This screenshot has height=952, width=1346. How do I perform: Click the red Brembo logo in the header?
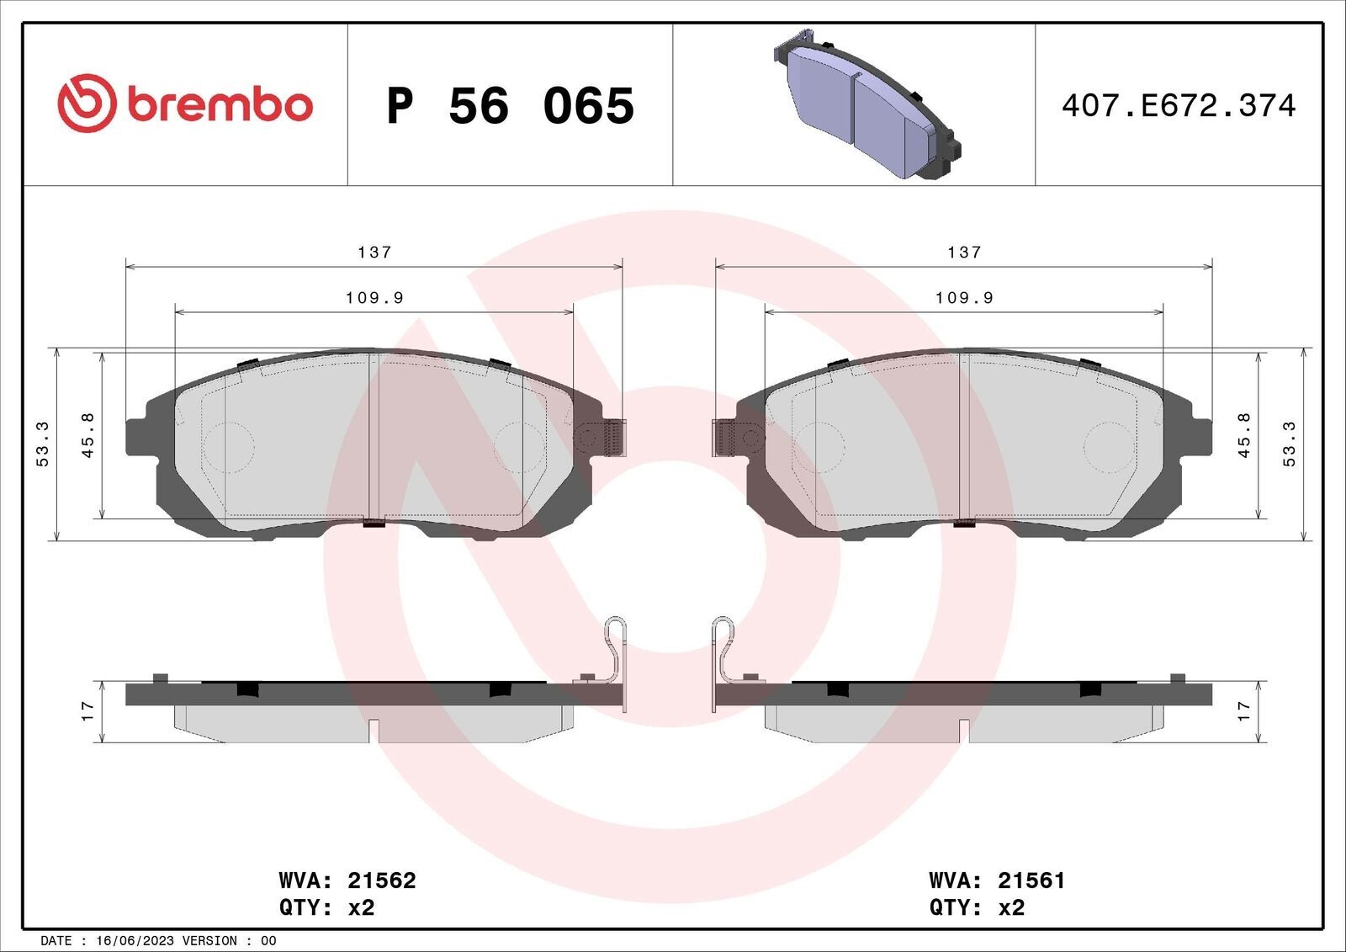click(x=185, y=104)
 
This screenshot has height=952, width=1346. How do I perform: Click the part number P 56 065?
click(x=510, y=106)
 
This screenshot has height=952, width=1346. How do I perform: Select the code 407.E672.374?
click(x=1179, y=106)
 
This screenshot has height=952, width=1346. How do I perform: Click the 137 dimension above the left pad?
click(x=374, y=252)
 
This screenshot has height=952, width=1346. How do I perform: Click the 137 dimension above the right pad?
click(x=964, y=252)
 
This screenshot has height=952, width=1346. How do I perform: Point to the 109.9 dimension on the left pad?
click(x=374, y=298)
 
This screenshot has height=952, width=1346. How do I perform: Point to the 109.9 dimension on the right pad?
click(x=964, y=298)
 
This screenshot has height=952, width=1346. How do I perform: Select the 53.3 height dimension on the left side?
click(x=43, y=444)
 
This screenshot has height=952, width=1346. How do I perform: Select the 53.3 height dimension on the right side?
click(x=1290, y=444)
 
